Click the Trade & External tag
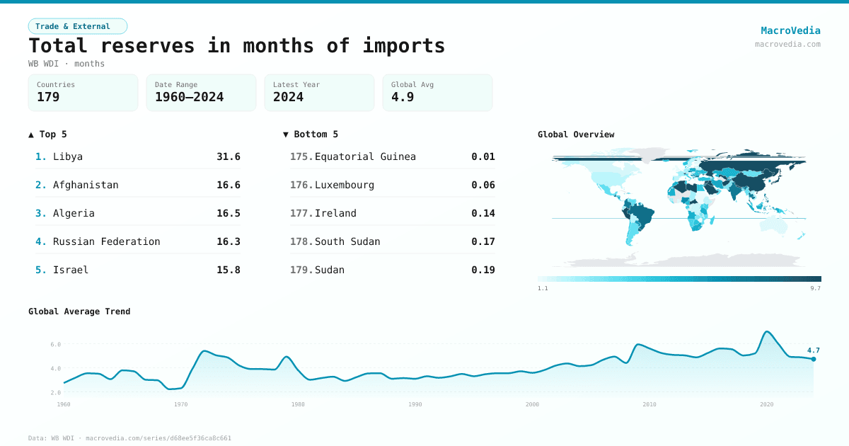[77, 26]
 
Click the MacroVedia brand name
[790, 30]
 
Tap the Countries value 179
[48, 97]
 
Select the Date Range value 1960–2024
[189, 97]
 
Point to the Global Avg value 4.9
[403, 97]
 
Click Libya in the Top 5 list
[68, 156]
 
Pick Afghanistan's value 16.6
[228, 185]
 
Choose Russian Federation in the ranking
[106, 241]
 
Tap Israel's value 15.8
[228, 270]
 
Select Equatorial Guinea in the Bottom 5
[365, 156]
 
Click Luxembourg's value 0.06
[483, 185]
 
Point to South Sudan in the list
[347, 241]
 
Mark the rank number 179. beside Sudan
[301, 270]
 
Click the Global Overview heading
[576, 135]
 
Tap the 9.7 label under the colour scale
[815, 288]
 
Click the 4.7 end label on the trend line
[813, 350]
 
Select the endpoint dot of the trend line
[814, 359]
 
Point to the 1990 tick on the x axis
[415, 404]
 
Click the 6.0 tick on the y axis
[55, 345]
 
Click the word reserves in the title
[147, 45]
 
